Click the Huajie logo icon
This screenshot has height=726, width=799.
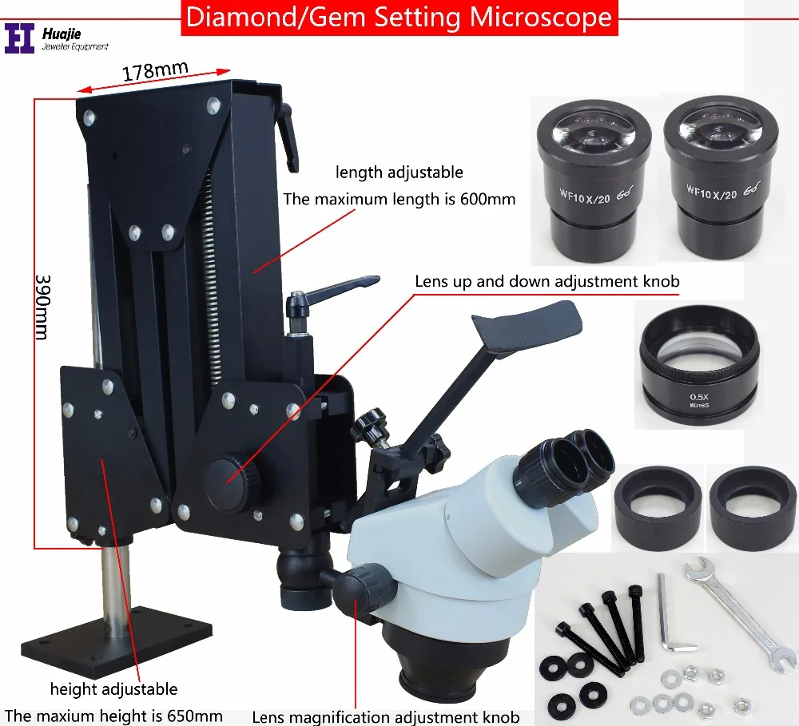coord(19,38)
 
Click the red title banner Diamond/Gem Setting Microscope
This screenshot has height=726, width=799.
coord(399,17)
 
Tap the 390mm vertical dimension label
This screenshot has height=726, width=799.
coord(42,307)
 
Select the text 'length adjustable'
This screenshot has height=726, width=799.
coord(399,172)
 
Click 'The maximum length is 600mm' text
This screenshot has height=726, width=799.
coord(399,199)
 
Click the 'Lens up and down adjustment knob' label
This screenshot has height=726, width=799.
coord(547,281)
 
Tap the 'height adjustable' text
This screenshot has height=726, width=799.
coord(113,688)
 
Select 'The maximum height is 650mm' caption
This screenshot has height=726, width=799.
coord(113,716)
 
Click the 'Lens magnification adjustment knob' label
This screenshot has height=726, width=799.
coord(385,717)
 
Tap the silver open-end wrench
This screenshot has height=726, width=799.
coord(737,611)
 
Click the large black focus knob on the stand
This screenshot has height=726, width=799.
coord(231,478)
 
